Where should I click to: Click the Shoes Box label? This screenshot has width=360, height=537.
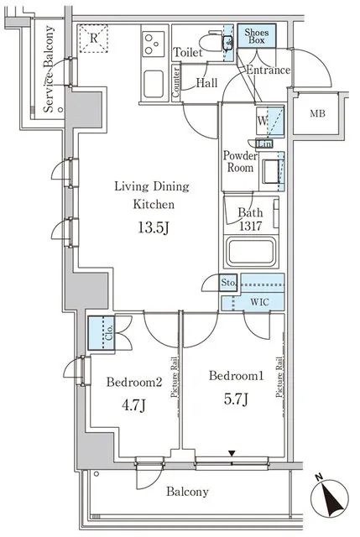257,36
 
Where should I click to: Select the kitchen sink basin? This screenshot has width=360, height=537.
153,84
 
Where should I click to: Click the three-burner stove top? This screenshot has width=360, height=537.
153,44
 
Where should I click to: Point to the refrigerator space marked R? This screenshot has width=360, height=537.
93,38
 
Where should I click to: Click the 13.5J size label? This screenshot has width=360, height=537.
154,227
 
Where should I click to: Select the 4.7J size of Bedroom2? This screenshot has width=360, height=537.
133,405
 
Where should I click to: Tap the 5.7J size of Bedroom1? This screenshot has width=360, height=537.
237,399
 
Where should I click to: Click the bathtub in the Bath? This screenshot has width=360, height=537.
251,253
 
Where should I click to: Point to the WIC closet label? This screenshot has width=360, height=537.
259,302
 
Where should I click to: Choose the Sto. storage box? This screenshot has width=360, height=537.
228,283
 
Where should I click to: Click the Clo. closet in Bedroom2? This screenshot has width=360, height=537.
102,333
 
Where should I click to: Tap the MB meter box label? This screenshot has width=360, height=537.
317,113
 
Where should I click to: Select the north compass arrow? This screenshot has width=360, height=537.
330,498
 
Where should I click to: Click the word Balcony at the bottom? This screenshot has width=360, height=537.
187,492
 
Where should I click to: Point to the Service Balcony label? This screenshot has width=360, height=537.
49,69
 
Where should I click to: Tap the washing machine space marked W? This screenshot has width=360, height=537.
263,121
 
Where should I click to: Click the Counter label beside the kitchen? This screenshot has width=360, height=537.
175,82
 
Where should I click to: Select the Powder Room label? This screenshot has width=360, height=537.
240,162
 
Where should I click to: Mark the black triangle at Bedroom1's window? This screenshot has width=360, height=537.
232,453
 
